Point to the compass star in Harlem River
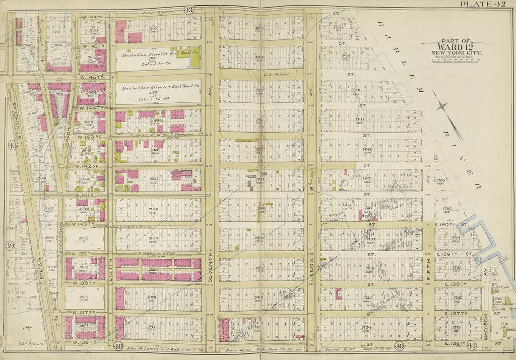443,106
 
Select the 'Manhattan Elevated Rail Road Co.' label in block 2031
158,52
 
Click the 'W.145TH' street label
91,77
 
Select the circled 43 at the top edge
188,10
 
